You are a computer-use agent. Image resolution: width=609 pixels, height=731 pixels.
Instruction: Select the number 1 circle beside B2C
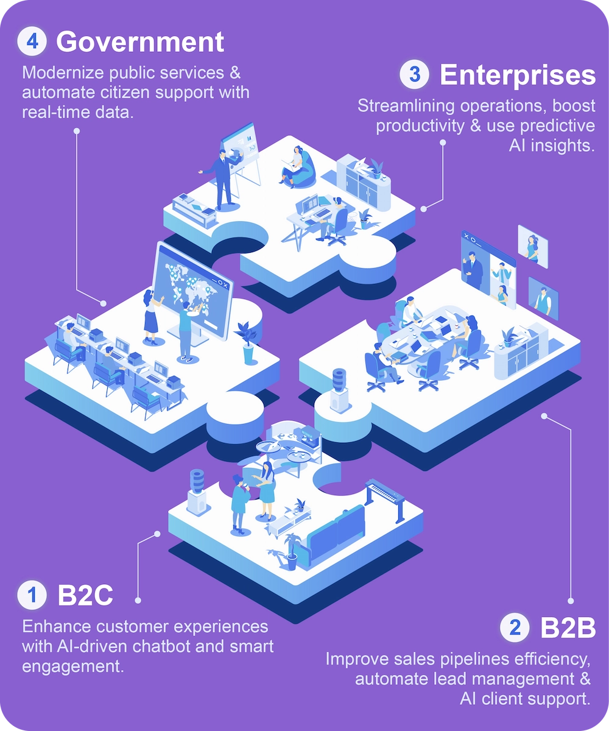(32, 595)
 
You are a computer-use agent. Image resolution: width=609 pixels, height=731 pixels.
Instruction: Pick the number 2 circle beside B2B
(515, 628)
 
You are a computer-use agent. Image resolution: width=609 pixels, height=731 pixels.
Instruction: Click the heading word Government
(140, 42)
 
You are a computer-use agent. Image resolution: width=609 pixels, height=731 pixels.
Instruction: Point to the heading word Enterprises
(517, 75)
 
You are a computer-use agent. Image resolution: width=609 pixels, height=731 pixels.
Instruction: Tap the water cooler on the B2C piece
(197, 490)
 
